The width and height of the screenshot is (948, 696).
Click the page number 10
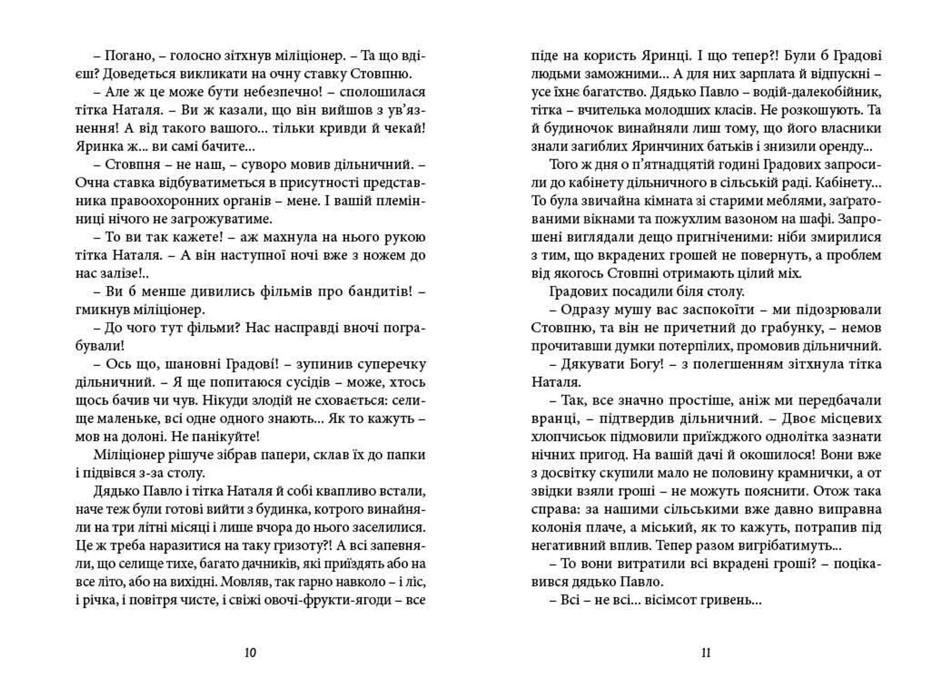(250, 653)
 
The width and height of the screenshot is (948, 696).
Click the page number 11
(706, 653)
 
